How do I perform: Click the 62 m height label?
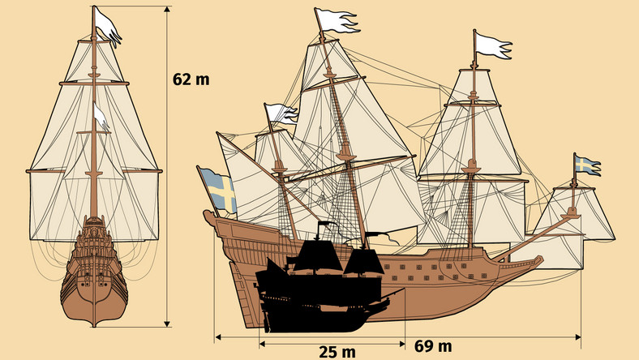191,79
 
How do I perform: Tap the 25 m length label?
337,351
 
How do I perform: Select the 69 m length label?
434,346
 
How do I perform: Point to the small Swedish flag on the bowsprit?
586,165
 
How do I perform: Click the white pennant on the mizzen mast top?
280,114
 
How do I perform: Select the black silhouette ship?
324,288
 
